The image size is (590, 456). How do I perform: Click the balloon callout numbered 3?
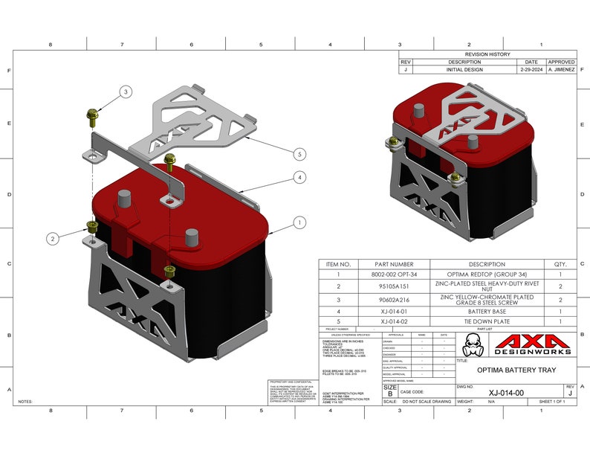126,91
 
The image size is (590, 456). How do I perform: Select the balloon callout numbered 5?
299,154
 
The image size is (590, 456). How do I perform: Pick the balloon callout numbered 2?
52,239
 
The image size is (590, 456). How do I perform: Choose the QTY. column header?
560,264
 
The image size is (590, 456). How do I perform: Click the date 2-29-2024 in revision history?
531,70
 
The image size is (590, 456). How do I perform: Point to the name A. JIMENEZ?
561,70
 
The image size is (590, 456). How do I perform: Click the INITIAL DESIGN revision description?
464,70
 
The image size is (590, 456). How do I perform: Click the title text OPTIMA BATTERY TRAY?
516,370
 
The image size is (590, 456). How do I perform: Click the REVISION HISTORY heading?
487,54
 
